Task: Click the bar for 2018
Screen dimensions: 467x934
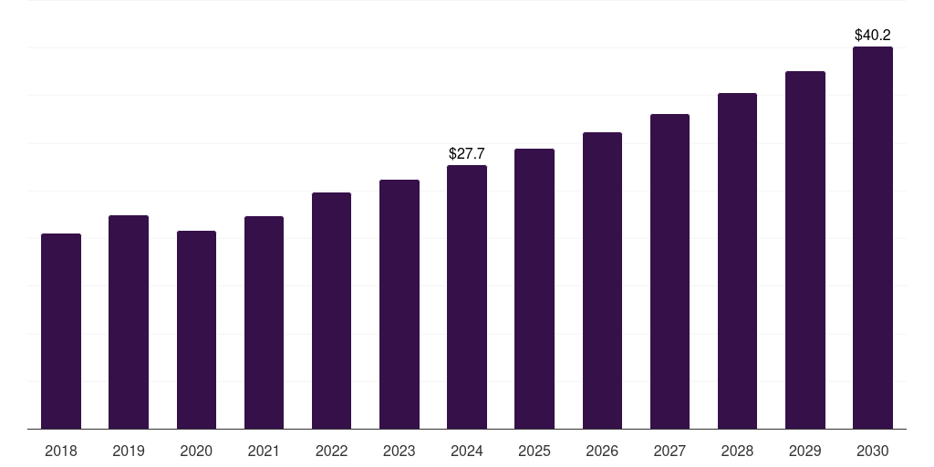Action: pyautogui.click(x=61, y=331)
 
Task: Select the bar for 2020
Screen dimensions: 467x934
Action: pyautogui.click(x=196, y=329)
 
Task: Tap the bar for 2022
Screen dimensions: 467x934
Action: pyautogui.click(x=331, y=310)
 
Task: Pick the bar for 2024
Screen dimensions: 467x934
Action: pyautogui.click(x=467, y=296)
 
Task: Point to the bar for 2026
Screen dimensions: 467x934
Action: pyautogui.click(x=602, y=280)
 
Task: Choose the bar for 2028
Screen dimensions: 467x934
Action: pyautogui.click(x=737, y=261)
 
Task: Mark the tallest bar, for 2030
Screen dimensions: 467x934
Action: pyautogui.click(x=873, y=237)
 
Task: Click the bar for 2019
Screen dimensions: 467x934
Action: pyautogui.click(x=129, y=322)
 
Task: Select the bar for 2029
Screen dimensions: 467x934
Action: pyautogui.click(x=805, y=250)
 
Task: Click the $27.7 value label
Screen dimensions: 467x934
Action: pyautogui.click(x=467, y=154)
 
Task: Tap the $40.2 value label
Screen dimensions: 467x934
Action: pyautogui.click(x=873, y=36)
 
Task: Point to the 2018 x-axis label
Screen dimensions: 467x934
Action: pyautogui.click(x=61, y=451)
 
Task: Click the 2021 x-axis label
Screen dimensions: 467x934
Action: pyautogui.click(x=264, y=451)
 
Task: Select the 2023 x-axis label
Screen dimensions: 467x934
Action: pyautogui.click(x=400, y=451)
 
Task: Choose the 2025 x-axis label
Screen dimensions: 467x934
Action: pyautogui.click(x=534, y=451)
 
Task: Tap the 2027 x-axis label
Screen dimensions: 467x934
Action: pyautogui.click(x=669, y=451)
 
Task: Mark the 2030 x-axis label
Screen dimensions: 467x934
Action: pyautogui.click(x=873, y=451)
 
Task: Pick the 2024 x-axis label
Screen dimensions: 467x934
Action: pyautogui.click(x=467, y=451)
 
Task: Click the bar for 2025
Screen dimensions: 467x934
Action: pyautogui.click(x=534, y=288)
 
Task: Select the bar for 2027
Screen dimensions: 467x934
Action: pyautogui.click(x=669, y=271)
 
